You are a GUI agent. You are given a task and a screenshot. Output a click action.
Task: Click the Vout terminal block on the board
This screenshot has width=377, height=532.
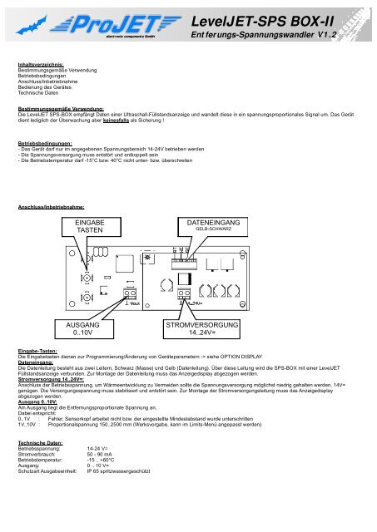point(131,294)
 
